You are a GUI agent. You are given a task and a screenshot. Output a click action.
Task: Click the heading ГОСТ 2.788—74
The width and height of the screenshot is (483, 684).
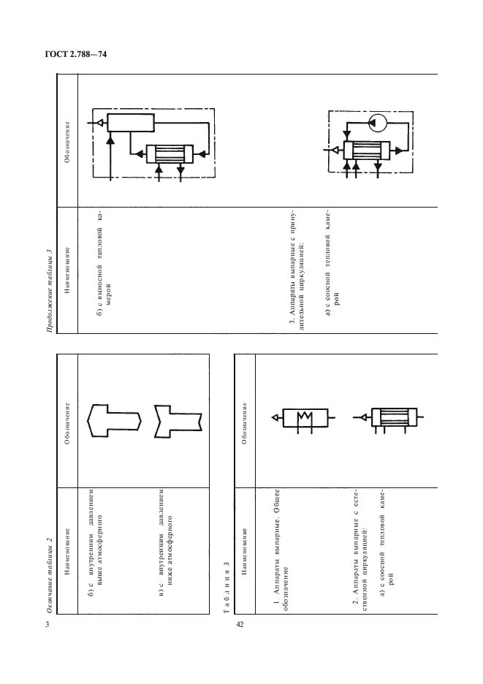[76, 55]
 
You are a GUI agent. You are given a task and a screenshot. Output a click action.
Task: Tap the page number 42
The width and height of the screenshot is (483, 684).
[240, 624]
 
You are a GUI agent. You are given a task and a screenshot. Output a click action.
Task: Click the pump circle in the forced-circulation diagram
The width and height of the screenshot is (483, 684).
[377, 123]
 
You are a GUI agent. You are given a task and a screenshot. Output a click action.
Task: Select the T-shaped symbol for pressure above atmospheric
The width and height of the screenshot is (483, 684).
[114, 420]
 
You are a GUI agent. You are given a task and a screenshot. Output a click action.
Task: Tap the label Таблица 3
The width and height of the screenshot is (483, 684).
[227, 587]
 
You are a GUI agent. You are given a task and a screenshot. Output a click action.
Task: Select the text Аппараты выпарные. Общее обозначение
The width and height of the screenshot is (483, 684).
[280, 550]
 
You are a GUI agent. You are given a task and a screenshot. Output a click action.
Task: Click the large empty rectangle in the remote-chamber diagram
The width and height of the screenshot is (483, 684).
[131, 123]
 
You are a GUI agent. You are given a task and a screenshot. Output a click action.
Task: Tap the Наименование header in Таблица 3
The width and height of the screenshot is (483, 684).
[244, 552]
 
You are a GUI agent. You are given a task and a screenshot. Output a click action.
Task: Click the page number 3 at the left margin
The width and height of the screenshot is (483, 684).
[47, 624]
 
